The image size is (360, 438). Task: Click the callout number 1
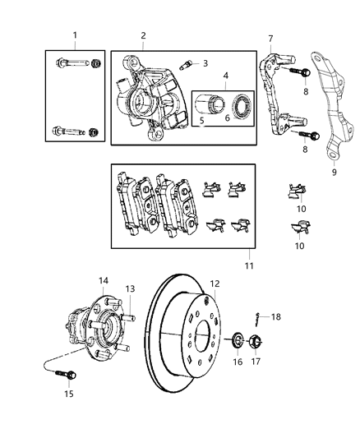coord(75,35)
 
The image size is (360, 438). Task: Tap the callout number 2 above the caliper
coord(142,36)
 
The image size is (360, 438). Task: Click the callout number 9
coord(334,173)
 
